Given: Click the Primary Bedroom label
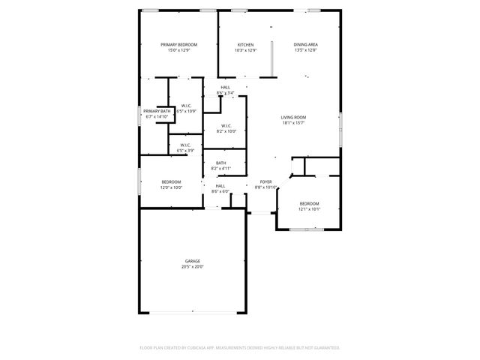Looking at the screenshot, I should (178, 45).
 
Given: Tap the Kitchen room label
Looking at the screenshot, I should (245, 45).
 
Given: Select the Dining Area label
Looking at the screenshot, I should (305, 45).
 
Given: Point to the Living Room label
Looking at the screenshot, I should (293, 118).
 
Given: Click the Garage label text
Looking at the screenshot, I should (193, 261).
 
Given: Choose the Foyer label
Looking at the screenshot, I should (265, 181).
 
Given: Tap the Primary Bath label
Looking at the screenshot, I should (157, 111).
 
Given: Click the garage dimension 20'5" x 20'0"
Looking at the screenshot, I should (193, 266).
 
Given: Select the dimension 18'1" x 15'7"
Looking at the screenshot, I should (293, 123).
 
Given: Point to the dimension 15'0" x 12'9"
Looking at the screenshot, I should (178, 50).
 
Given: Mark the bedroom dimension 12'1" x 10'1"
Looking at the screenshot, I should (310, 208).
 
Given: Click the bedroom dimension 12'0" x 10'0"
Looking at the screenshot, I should (172, 187).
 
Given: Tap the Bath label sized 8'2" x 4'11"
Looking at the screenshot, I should (220, 163).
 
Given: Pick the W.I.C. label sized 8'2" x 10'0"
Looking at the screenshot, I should (226, 126).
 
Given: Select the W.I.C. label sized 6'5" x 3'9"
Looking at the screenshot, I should (185, 145).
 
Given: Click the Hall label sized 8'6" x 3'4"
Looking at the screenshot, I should (225, 88).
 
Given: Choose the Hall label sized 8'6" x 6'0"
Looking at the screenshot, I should (220, 186).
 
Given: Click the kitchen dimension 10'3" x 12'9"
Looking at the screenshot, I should (245, 50).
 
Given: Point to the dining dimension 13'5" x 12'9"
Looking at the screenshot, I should (305, 50).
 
